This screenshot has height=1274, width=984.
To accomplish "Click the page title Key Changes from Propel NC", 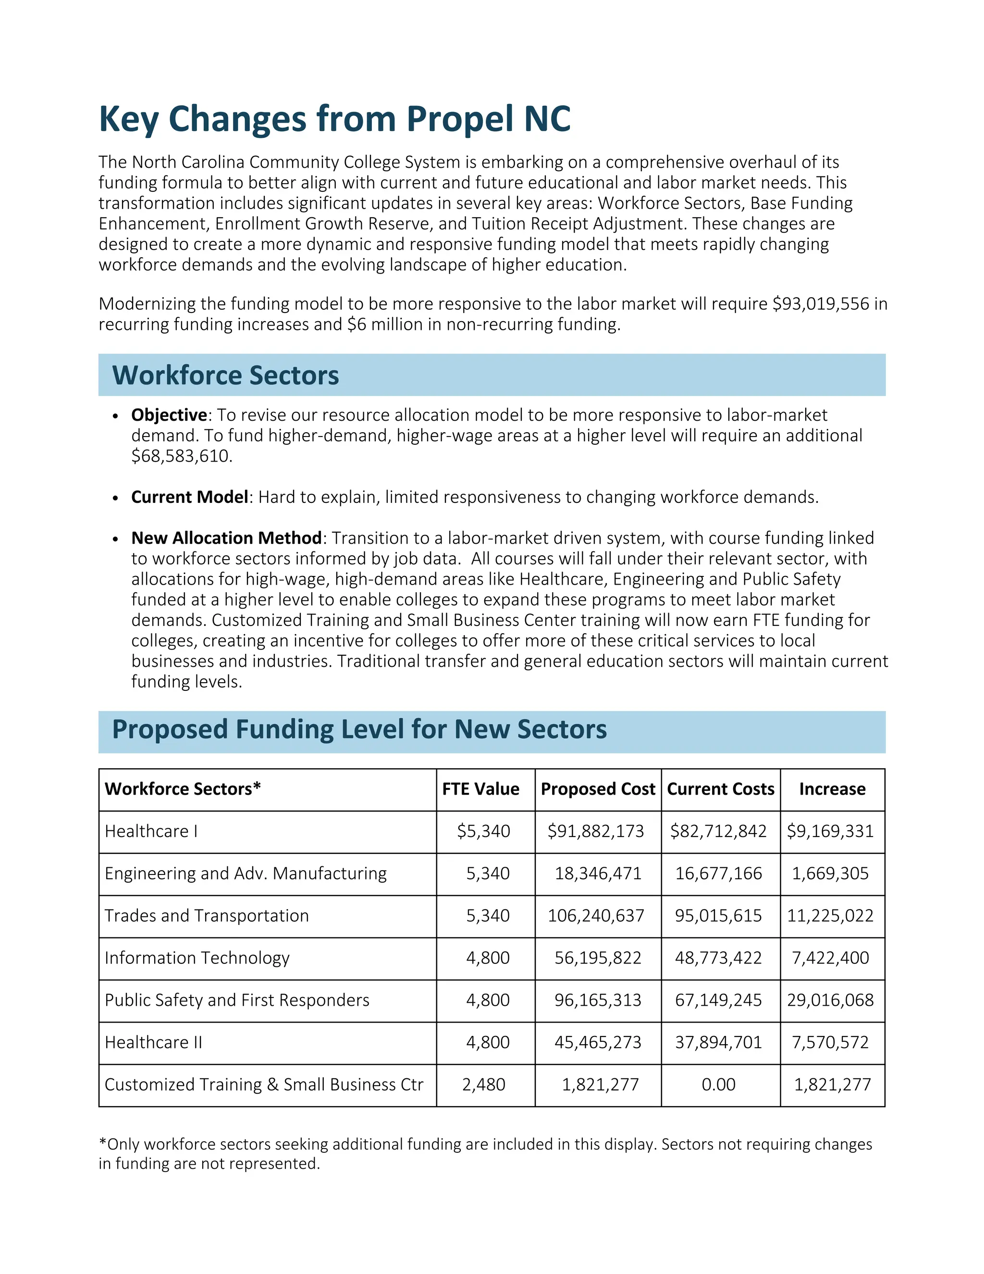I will coord(334,119).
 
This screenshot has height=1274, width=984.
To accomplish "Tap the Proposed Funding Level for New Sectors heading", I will coord(359,730).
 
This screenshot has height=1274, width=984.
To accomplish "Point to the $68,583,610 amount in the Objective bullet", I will coord(181,456).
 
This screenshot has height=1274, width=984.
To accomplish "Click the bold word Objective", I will coord(169,415).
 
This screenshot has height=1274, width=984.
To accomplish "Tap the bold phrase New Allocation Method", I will coord(226,538).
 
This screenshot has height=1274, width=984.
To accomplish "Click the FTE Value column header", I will coord(480,789).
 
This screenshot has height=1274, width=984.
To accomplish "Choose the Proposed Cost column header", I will coord(598,789).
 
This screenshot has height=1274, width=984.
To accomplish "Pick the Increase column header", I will coord(832,789).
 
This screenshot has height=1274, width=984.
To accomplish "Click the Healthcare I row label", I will coord(151,831).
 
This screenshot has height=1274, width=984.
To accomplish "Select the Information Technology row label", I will coord(197,958).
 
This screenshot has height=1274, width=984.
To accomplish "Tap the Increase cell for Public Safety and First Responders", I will coord(830,1000).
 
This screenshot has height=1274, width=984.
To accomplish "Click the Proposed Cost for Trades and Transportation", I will coord(596,916).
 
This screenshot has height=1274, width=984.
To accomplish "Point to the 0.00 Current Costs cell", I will coord(718,1085).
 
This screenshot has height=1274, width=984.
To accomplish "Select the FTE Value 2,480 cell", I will coord(483,1085).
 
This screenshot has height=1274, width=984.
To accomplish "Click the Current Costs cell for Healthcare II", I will coord(718,1042).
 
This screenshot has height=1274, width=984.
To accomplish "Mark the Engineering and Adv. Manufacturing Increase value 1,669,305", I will coord(830,874).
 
